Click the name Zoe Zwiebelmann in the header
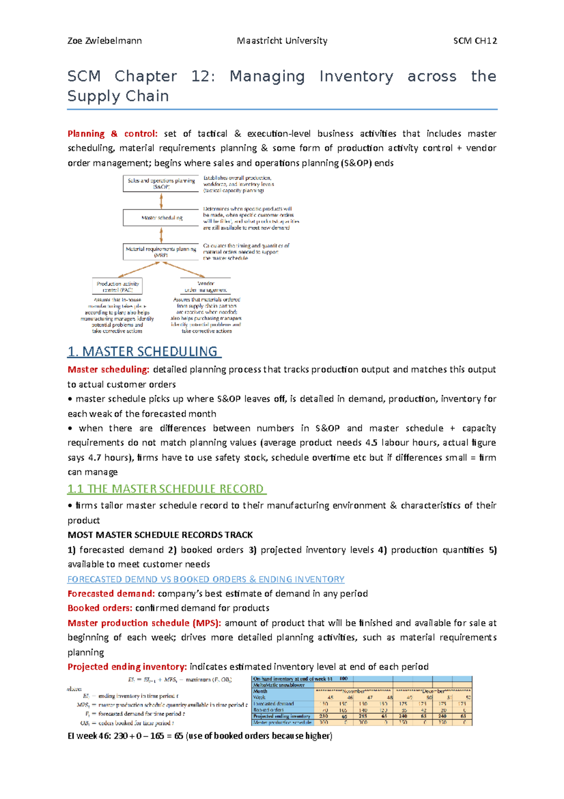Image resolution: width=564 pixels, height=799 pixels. pos(104,41)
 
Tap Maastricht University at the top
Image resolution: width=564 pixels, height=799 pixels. pos(282,41)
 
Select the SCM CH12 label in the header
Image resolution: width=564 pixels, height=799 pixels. pos(475,41)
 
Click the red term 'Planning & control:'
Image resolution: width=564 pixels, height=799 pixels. pos(112,134)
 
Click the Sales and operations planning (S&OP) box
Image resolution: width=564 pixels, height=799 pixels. pos(161,184)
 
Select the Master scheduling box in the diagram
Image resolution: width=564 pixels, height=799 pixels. pos(161,218)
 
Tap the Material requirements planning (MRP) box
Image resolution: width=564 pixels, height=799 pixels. pos(161,252)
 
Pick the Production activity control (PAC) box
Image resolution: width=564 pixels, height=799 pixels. pos(117,287)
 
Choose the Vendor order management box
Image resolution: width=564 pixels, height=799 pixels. pos(206,287)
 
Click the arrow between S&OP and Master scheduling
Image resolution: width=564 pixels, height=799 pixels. pos(161,201)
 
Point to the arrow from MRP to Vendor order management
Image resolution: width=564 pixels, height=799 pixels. pos(184,270)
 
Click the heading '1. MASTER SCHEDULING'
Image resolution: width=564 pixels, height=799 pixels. pos(144,352)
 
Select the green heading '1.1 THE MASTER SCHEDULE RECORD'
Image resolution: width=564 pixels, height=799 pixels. pos(166,489)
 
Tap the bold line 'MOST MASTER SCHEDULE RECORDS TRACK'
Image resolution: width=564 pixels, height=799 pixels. pos(160,535)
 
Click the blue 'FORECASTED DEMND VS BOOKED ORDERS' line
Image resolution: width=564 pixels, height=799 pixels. pos(206,579)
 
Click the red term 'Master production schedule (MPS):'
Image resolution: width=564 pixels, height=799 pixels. pos(144,623)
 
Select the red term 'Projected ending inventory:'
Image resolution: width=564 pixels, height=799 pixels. pos(127,667)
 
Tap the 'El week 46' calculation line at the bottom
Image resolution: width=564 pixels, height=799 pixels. pos(200,736)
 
